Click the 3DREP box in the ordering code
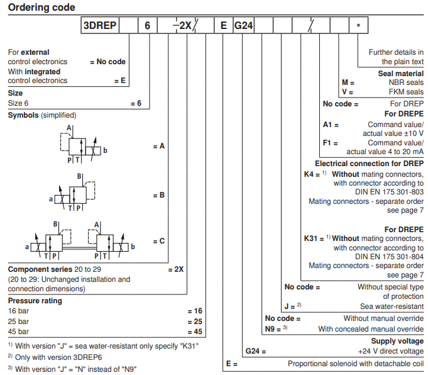pos(101,26)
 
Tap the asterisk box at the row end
pos(358,26)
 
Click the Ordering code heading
pos(41,8)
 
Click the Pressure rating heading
pos(35,301)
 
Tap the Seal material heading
pos(400,73)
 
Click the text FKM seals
pos(407,92)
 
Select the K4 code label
pos(310,174)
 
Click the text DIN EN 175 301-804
pos(388,257)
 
